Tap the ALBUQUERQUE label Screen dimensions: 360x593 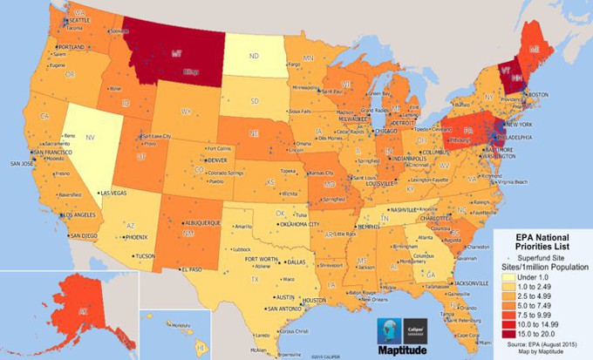coord(200,223)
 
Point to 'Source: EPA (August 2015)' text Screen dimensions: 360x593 coord(544,347)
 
